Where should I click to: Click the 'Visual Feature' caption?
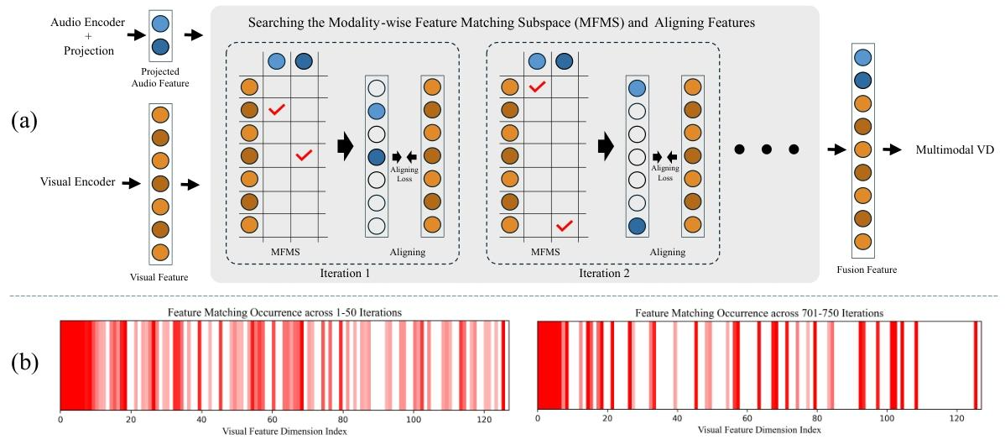160,276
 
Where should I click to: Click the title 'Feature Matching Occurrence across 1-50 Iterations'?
284,312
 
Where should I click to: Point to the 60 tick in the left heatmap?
271,419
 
